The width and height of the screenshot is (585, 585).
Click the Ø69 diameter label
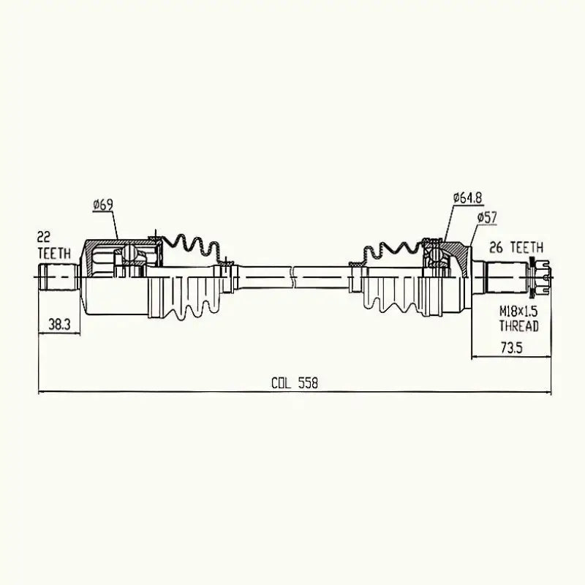pyautogui.click(x=102, y=205)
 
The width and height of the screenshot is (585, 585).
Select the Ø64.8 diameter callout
pyautogui.click(x=467, y=197)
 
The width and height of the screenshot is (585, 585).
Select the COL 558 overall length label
pyautogui.click(x=294, y=382)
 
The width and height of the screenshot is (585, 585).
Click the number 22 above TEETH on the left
pyautogui.click(x=45, y=238)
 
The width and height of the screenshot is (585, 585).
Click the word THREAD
pyautogui.click(x=519, y=326)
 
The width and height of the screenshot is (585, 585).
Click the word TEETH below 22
pyautogui.click(x=55, y=252)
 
